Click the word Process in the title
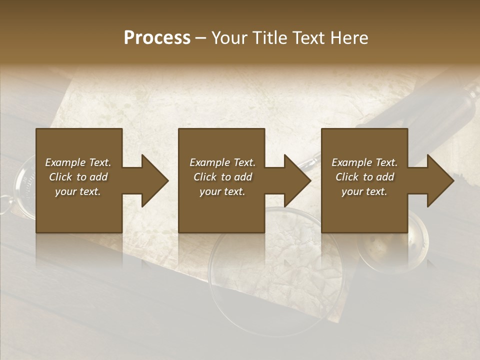(x=157, y=37)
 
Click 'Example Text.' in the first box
(x=78, y=162)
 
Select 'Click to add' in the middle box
(x=222, y=177)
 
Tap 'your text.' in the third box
(x=364, y=191)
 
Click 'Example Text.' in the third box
(x=364, y=162)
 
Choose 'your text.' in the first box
(x=78, y=191)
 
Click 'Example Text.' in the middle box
(x=222, y=162)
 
